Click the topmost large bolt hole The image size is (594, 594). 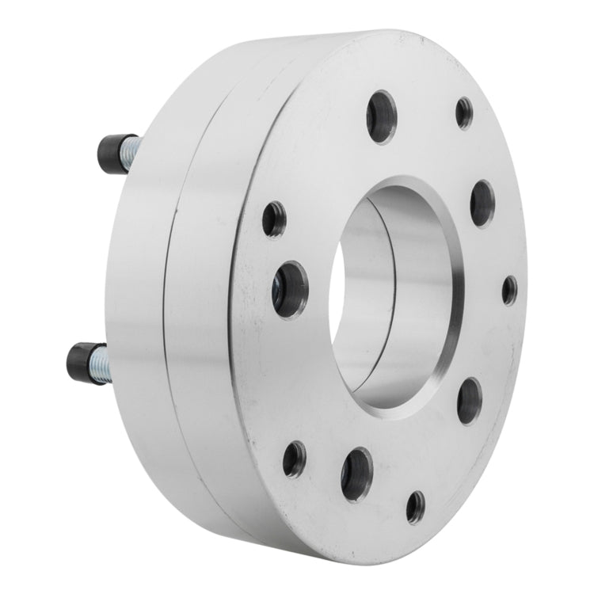381,116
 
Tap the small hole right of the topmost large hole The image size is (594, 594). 464,113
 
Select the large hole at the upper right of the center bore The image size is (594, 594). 482,204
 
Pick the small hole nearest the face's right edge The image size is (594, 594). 509,290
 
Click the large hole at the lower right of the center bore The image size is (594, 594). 469,401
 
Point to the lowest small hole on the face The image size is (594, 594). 416,507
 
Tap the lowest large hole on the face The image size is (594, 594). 356,474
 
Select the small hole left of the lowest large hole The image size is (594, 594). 295,459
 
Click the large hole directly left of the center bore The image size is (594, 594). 290,289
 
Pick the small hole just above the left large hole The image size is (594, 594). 274,219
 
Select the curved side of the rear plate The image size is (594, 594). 135,301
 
